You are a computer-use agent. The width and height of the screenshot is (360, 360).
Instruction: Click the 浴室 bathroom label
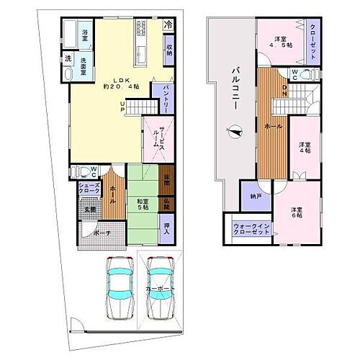click(85, 33)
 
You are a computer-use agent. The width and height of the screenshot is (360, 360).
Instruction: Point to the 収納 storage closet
click(168, 50)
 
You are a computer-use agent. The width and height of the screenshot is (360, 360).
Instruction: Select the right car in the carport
click(161, 288)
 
